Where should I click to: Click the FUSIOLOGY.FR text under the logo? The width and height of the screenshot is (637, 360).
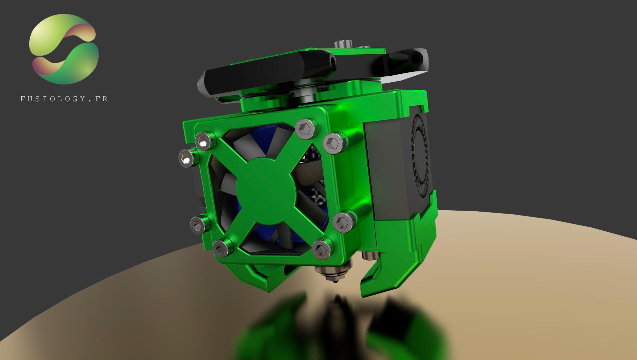[64, 99]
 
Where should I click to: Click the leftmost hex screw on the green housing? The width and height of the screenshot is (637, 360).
[187, 157]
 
